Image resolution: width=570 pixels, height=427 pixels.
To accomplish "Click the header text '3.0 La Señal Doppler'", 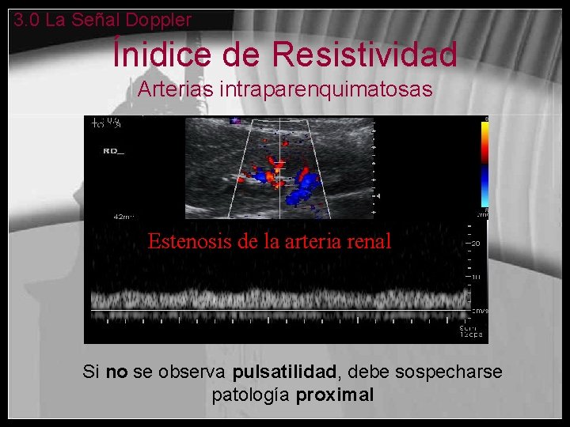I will coord(102,20).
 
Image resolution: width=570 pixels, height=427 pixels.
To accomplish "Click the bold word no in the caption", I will coord(116,372).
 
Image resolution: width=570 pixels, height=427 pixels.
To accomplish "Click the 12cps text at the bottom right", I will coord(474,335).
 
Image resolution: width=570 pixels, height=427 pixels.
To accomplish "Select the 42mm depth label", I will coord(124,216).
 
